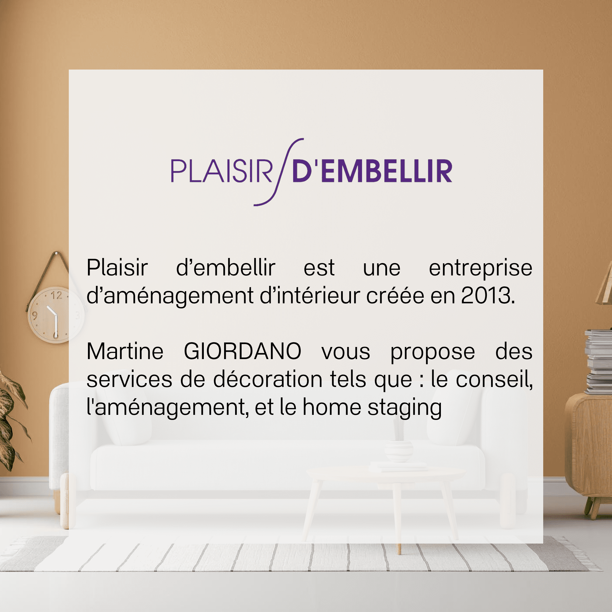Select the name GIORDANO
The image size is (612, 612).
pos(243,351)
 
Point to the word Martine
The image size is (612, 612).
pos(125,351)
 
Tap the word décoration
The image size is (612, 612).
pos(268,379)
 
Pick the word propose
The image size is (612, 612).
pos(432,353)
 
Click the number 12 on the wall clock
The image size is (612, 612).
pos(56,295)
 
